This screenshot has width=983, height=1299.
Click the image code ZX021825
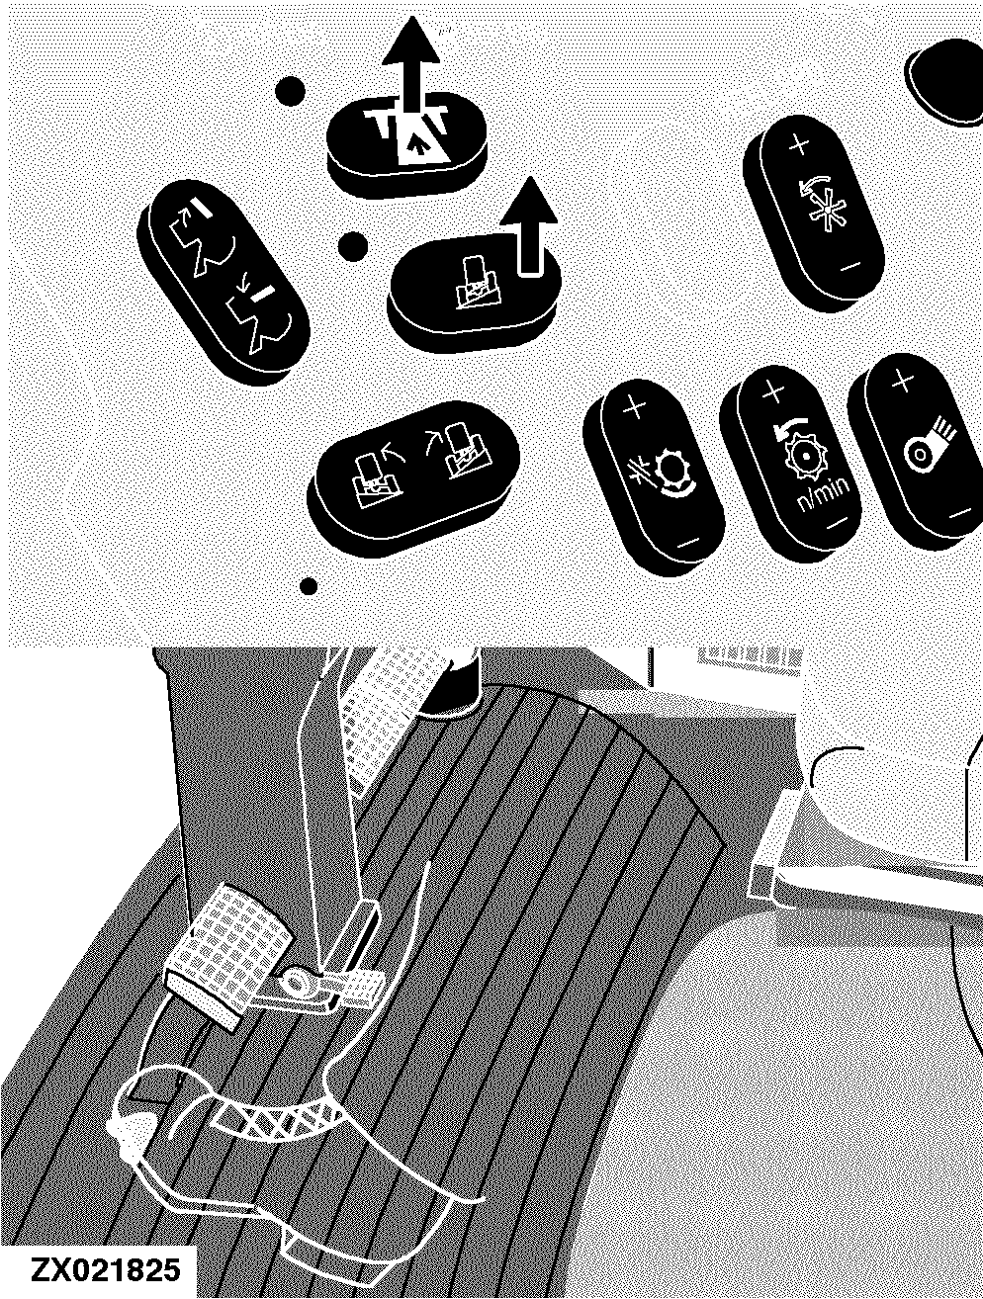104,1268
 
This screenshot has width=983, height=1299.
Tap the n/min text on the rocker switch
824,492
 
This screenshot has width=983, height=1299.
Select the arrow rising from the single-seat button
528,227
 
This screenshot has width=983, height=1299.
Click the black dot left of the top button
290,91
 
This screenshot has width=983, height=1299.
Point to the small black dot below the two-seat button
309,587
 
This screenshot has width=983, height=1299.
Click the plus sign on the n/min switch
773,391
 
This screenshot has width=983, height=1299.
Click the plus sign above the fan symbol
799,144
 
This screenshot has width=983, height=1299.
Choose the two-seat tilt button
413,478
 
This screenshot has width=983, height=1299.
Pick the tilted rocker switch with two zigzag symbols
223,282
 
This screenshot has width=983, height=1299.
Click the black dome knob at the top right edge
945,82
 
